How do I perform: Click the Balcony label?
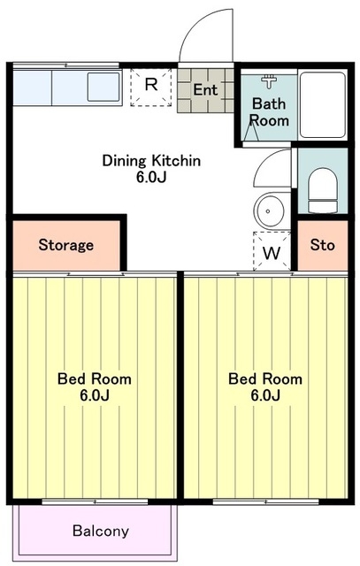(100, 531)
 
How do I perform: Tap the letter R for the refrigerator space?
(151, 85)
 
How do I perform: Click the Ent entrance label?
(205, 89)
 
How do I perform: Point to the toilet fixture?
(323, 191)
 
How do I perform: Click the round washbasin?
(270, 210)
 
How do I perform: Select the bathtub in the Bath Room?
(323, 104)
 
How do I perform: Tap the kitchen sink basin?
(103, 87)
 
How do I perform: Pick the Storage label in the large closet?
(66, 245)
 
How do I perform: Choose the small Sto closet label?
(323, 245)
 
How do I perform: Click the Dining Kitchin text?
(151, 160)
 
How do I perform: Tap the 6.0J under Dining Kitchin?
(151, 177)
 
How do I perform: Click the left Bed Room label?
(95, 379)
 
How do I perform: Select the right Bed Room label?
(265, 379)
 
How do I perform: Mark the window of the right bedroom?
(265, 501)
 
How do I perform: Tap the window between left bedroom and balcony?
(95, 501)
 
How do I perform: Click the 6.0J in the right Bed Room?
(265, 395)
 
